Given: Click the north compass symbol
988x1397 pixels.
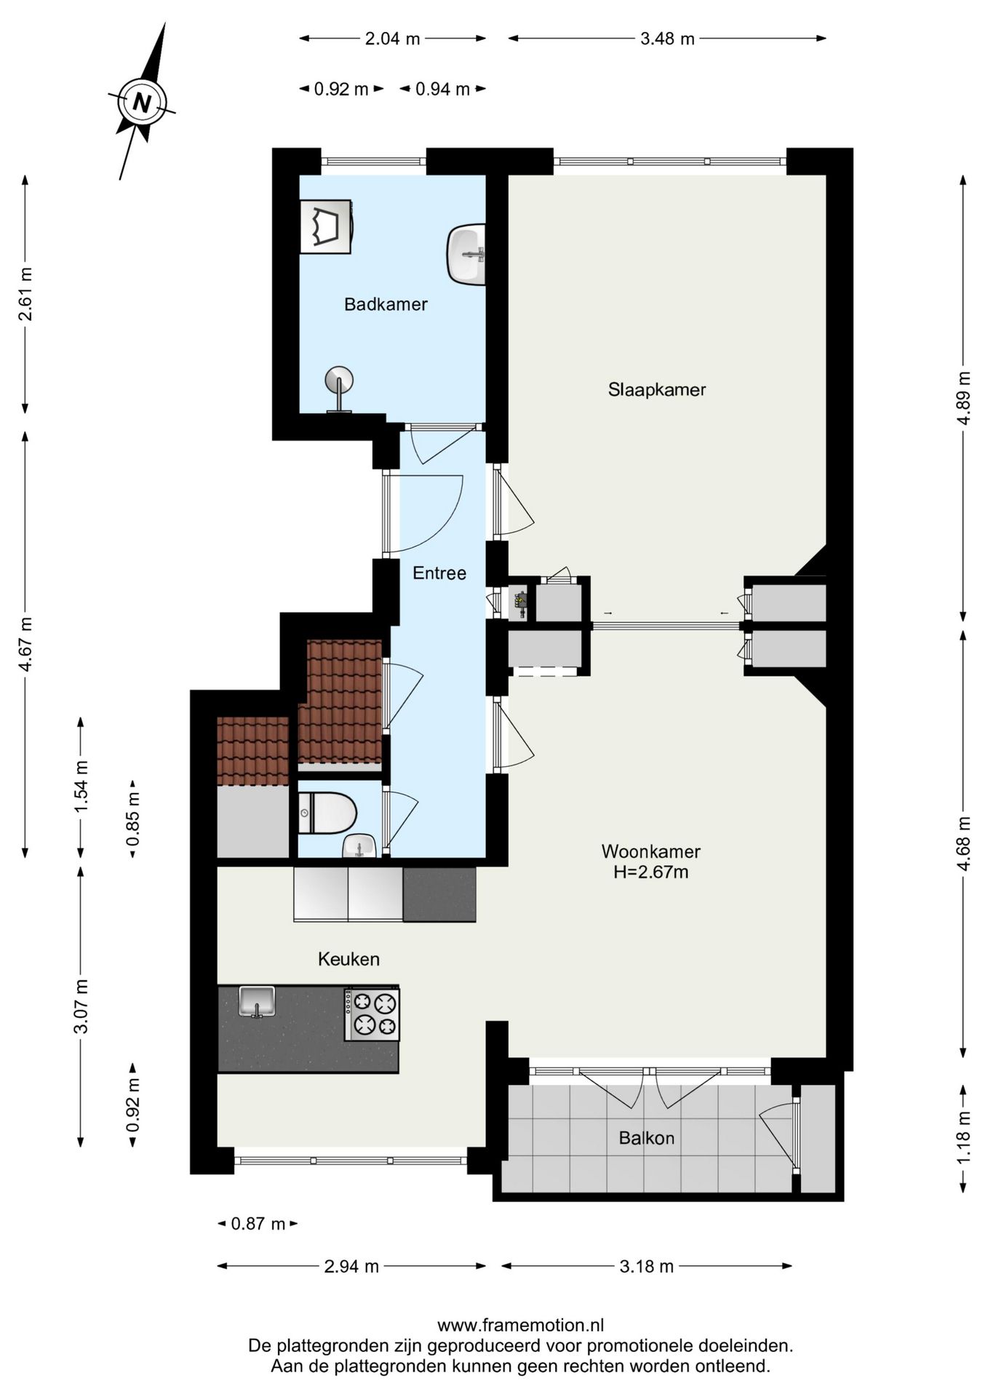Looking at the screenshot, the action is point(143,101).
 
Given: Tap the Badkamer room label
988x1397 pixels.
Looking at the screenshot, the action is point(386,304).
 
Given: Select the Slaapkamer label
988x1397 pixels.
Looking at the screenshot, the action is point(657,389).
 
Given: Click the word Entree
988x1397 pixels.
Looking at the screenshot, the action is point(439,573).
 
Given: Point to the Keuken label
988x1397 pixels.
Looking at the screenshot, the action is point(348,959).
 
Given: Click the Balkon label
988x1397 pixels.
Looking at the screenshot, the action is point(647,1137).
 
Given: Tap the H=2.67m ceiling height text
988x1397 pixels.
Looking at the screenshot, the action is point(651,872).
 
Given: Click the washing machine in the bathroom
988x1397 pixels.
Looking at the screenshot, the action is point(327,226).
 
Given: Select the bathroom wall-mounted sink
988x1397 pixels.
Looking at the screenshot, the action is point(466,254).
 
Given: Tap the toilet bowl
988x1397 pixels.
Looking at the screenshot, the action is point(327,813).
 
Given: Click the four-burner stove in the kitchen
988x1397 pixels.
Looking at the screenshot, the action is point(372,1014).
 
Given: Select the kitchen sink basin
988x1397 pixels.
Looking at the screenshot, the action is point(257,1002).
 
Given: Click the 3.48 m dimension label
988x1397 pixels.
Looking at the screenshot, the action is point(667,39).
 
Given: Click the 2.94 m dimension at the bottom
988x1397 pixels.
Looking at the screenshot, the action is point(351,1267).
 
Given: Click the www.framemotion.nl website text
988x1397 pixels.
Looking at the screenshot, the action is point(520,1326).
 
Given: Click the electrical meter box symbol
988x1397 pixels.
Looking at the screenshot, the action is point(519,602).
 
